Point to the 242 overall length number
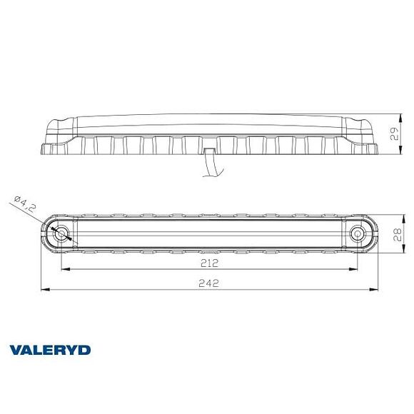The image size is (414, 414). pyautogui.click(x=209, y=283)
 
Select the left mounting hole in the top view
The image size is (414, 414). pyautogui.click(x=61, y=233)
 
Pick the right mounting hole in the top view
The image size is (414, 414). pyautogui.click(x=357, y=233)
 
